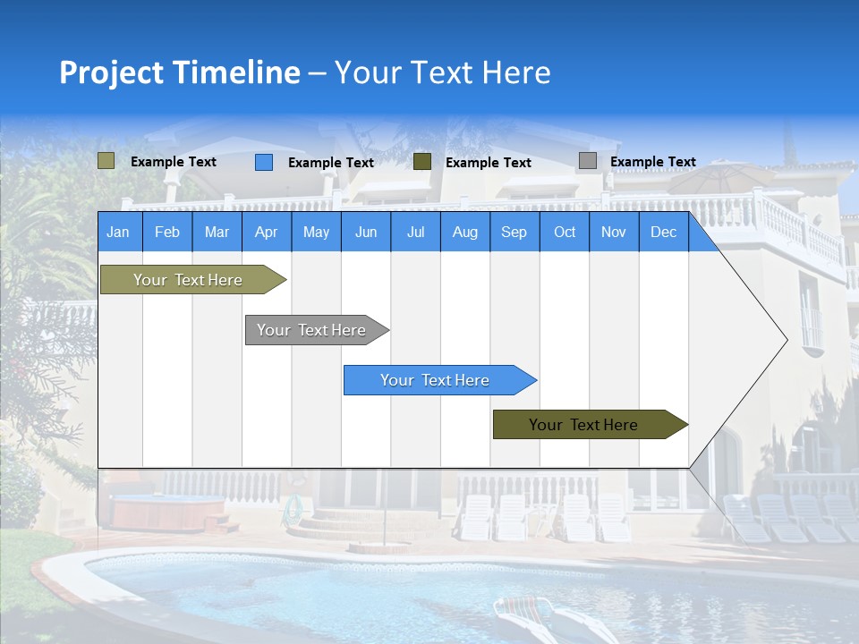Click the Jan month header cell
(x=119, y=233)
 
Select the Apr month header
(x=267, y=233)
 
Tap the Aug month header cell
(x=465, y=233)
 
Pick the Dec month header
(x=664, y=233)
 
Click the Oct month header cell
(x=565, y=233)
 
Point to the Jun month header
(x=366, y=233)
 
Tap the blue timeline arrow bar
(x=437, y=380)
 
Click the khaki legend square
(x=106, y=161)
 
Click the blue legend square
(x=264, y=162)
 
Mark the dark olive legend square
(x=422, y=161)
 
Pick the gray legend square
(x=588, y=161)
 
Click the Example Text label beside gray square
(x=653, y=162)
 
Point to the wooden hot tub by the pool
(x=167, y=513)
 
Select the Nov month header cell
(x=614, y=233)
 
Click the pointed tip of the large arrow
(x=785, y=339)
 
